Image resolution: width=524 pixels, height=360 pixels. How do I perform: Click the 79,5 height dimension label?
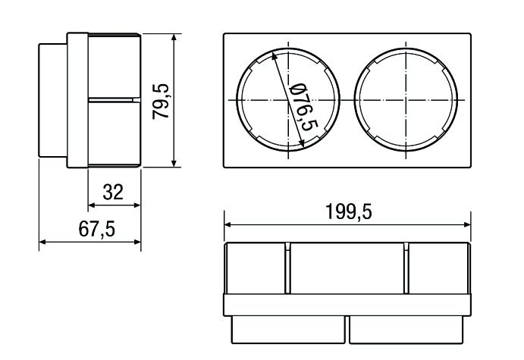[161, 102]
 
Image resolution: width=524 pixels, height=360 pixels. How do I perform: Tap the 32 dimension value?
[113, 192]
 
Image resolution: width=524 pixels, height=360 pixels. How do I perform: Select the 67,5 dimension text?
[97, 229]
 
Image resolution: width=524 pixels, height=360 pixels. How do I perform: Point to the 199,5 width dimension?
[349, 211]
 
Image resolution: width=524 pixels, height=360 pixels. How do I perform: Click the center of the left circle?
[288, 100]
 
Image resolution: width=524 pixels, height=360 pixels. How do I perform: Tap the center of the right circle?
[406, 100]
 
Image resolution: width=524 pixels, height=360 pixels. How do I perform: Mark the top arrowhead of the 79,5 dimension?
[174, 37]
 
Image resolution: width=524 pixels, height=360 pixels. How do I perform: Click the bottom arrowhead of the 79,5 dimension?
[174, 163]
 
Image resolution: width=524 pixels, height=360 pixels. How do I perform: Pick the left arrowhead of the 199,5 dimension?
[228, 225]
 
